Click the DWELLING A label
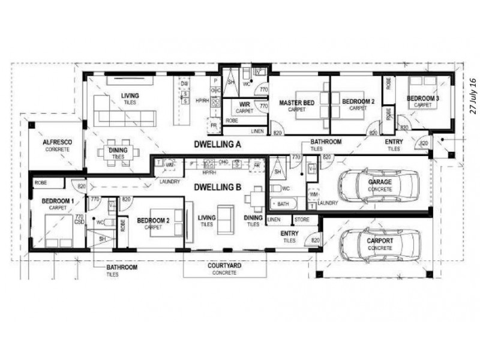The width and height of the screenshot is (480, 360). click(x=217, y=145)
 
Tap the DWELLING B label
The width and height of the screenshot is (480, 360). click(x=217, y=187)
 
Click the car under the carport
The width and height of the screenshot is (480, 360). click(x=379, y=246)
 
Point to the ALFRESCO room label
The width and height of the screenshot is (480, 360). click(x=58, y=142)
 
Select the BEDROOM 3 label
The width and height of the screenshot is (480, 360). click(x=422, y=98)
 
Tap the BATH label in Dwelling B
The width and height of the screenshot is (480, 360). click(x=283, y=205)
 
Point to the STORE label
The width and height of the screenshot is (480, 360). click(x=302, y=220)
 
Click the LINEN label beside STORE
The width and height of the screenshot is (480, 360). click(x=274, y=220)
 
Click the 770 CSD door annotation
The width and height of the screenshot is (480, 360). click(x=78, y=220)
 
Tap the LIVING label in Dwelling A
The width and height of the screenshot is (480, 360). click(x=130, y=96)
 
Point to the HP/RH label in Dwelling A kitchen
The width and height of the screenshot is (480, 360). click(x=202, y=100)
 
